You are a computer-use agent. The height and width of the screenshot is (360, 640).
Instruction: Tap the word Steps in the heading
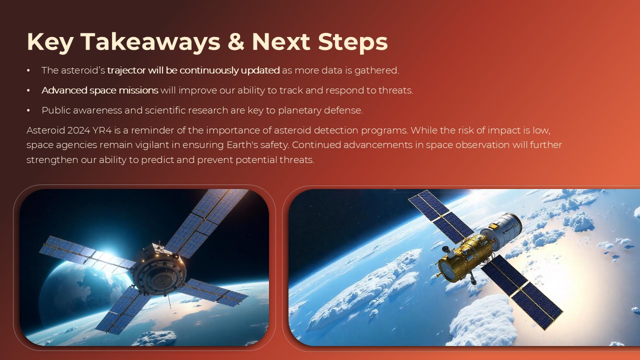352,41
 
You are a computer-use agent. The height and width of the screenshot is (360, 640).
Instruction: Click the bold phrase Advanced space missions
99,90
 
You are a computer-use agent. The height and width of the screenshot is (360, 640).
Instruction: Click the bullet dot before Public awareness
28,110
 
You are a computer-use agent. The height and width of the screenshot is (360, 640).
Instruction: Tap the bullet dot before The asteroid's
28,70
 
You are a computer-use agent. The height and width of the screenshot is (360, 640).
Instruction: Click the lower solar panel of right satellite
522,292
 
